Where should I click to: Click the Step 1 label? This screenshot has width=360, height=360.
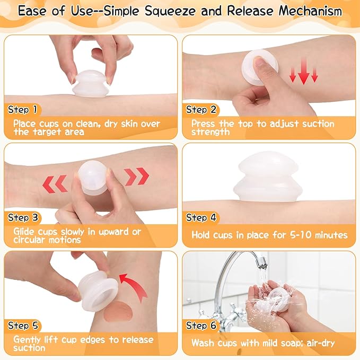pos(23,110)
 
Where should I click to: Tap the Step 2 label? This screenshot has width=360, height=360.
pos(201,110)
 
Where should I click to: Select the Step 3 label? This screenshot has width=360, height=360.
pos(23,217)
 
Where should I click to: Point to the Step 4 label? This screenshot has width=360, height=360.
pos(201,217)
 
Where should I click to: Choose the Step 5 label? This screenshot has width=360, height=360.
pos(23,326)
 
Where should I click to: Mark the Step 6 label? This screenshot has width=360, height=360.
pos(201,326)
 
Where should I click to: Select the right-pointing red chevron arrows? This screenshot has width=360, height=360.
pos(137,176)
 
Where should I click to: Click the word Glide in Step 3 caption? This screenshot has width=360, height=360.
pos(25,232)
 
